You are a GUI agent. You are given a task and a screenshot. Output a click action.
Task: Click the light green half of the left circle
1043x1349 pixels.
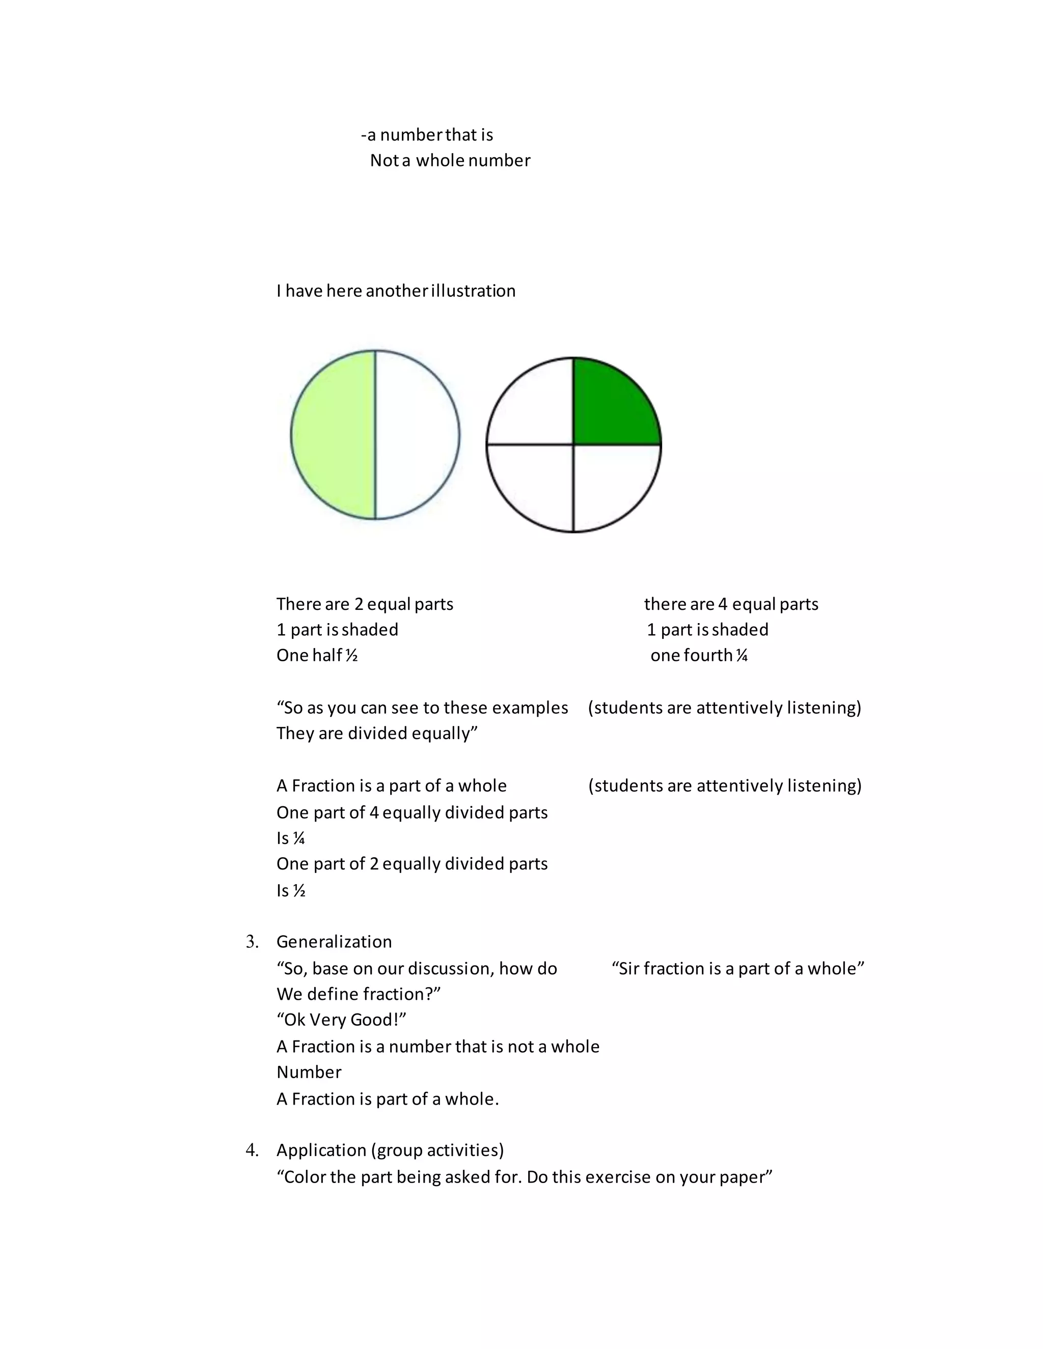334,435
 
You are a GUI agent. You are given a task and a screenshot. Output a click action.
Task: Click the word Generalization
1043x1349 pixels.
334,942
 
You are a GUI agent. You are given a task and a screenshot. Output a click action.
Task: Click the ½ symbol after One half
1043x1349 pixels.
351,655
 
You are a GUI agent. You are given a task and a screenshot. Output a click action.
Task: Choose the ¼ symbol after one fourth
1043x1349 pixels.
742,655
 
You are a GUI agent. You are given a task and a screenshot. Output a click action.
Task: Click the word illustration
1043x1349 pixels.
473,291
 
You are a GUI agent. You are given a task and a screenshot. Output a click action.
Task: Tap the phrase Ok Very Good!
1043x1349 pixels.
341,1020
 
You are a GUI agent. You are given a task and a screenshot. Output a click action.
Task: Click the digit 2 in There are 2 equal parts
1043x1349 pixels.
359,604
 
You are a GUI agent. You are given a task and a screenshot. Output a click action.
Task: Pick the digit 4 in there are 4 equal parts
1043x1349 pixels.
722,604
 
